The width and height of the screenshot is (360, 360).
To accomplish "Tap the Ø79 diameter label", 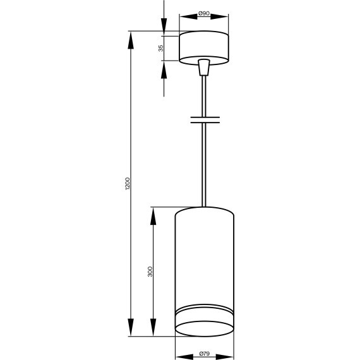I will (203, 354).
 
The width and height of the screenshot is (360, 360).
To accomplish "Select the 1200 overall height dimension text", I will (128, 184).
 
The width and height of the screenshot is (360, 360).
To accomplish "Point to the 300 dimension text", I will (150, 272).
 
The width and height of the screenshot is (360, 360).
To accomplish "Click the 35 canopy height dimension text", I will (161, 47).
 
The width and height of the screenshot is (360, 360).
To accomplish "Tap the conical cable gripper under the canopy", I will (203, 67).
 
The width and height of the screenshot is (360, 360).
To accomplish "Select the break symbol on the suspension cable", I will (203, 119).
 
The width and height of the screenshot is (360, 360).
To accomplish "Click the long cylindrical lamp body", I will (203, 259).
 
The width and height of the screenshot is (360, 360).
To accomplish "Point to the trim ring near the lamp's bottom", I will (203, 313).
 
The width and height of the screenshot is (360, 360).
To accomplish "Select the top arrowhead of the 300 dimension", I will (153, 215).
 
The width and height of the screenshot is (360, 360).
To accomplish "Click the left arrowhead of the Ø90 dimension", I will (184, 19).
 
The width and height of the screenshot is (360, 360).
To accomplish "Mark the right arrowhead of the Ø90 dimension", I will (223, 19).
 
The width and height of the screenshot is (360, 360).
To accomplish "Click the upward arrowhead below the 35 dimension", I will (164, 69).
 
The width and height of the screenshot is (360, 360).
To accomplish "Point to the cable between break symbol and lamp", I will (203, 164).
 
